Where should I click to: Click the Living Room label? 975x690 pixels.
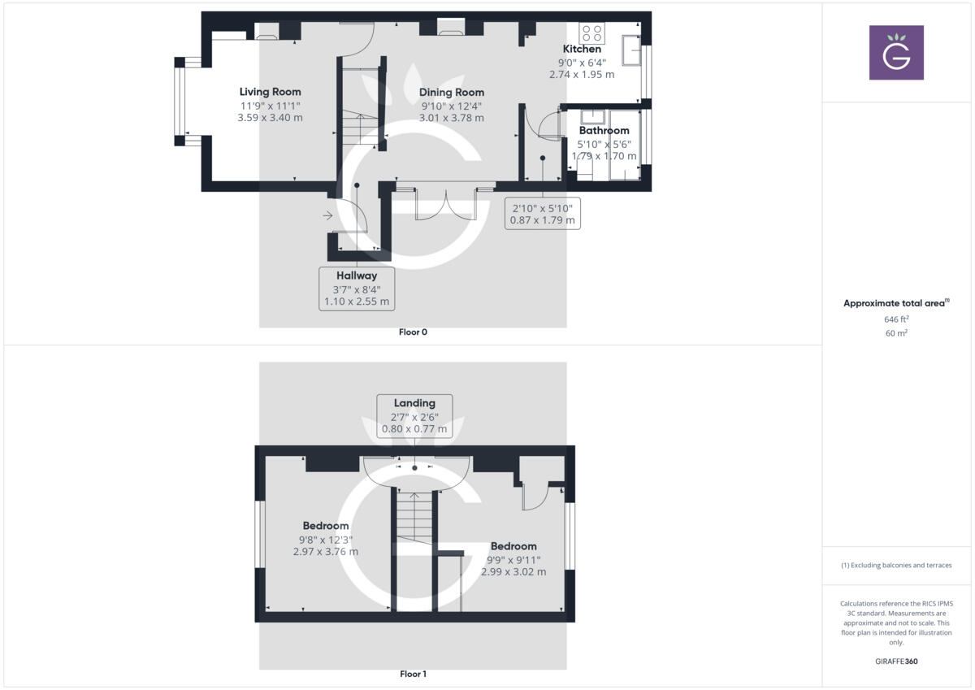tap(270, 92)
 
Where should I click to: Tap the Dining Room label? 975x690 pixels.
tap(452, 93)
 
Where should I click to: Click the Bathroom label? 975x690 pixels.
tap(604, 131)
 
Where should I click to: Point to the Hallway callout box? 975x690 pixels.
tap(357, 289)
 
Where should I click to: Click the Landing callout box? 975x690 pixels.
tap(414, 415)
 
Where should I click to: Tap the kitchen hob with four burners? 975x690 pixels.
tap(591, 33)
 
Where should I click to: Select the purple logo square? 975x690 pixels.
tap(896, 53)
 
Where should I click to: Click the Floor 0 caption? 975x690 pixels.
tap(413, 332)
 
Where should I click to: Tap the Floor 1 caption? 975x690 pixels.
tap(413, 674)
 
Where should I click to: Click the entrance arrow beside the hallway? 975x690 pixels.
tap(327, 216)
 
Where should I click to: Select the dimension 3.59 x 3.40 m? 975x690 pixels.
tap(270, 118)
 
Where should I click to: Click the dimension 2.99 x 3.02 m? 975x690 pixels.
tap(513, 572)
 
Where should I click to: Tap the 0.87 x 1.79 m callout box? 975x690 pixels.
tap(542, 213)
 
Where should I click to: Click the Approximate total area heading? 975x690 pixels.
tap(895, 303)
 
